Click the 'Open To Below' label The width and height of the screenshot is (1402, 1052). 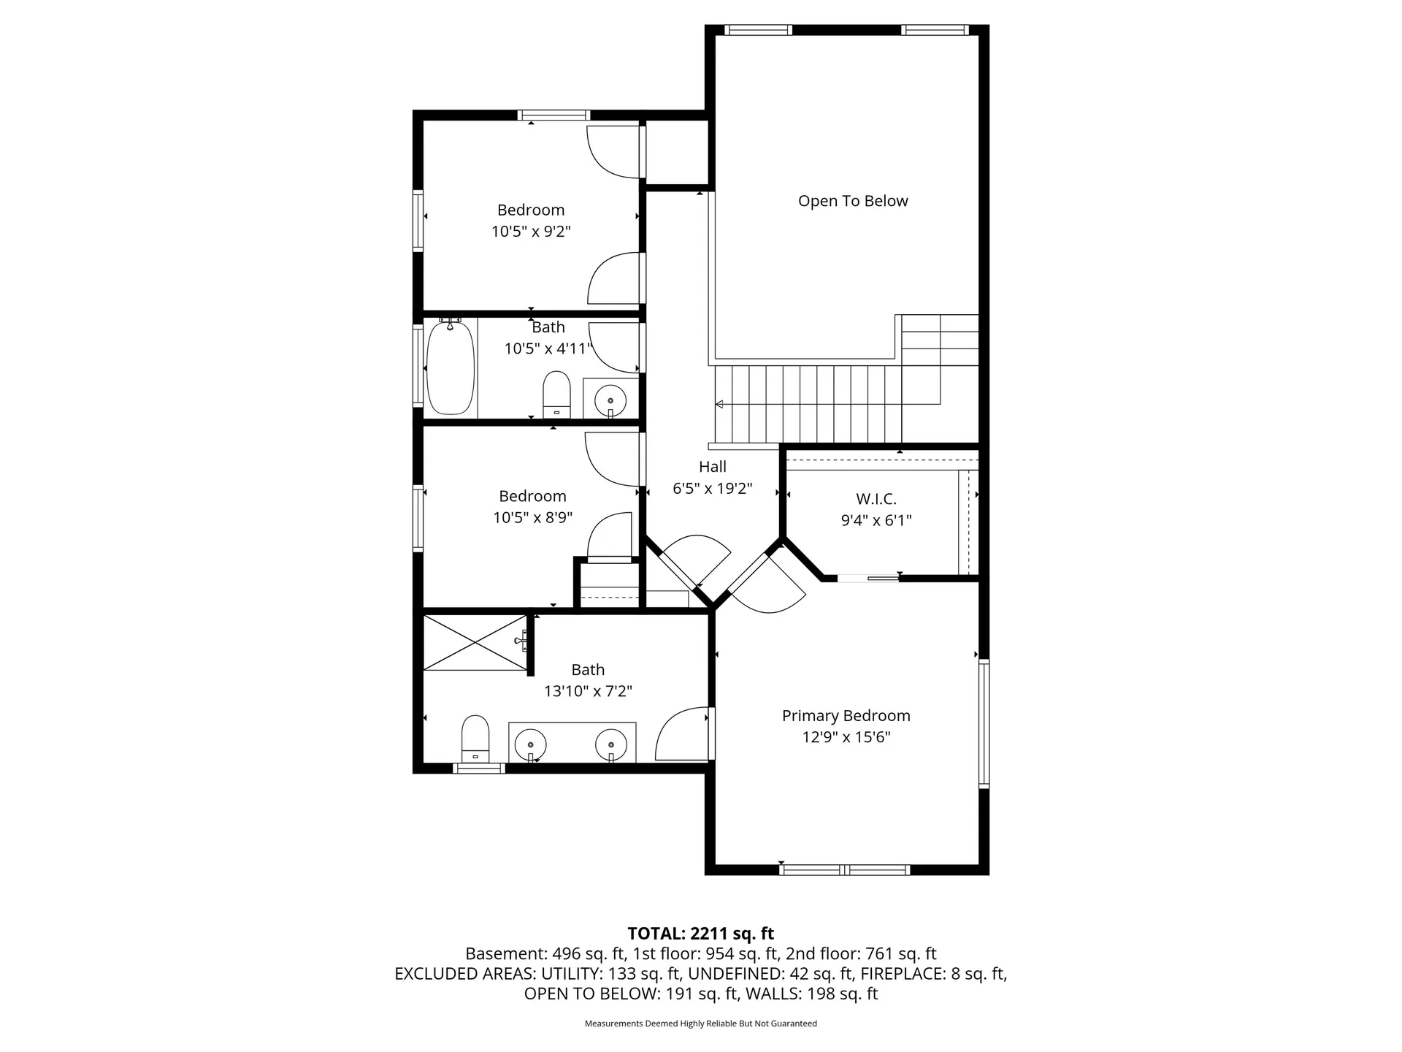pos(853,201)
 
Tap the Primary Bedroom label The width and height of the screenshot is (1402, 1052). pos(846,716)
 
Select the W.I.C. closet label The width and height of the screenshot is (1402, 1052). pos(876,499)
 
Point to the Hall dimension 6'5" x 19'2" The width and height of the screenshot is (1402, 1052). pos(713,488)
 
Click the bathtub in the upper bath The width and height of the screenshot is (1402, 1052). pos(451,367)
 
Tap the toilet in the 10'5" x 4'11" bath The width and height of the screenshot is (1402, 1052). pos(556,394)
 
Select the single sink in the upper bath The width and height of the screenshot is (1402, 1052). pos(610,399)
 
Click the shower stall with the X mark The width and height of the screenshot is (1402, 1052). pos(475,642)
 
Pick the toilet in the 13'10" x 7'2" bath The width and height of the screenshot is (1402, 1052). pos(475,739)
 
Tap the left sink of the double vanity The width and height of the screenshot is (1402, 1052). pos(531,746)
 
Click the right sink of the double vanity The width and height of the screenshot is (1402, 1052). pos(611,746)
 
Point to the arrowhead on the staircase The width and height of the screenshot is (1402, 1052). pos(719,404)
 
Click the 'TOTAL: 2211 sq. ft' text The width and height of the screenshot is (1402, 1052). pos(701,934)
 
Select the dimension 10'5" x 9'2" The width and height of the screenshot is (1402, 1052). pos(531,232)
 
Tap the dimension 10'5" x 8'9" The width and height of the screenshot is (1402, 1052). pos(532,518)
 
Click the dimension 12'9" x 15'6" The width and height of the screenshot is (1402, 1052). pos(846,737)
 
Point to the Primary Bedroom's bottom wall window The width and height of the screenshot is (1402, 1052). pos(845,869)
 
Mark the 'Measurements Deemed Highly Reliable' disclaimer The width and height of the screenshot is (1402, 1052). pos(701,1024)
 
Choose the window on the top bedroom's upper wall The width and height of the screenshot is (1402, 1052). pos(553,115)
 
